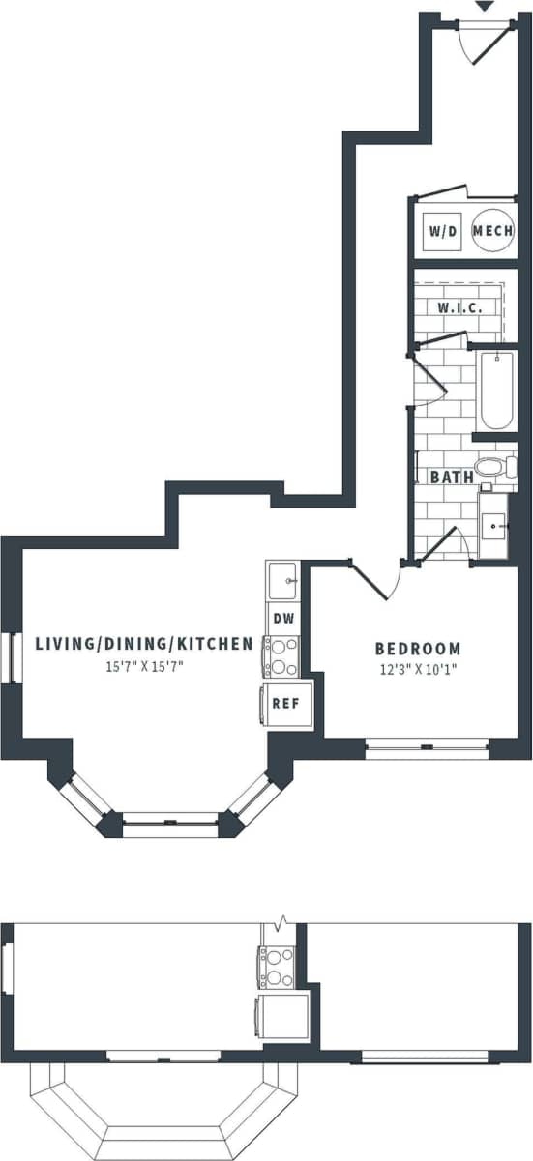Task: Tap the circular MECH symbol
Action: [x=492, y=232]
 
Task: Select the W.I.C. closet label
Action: [x=459, y=307]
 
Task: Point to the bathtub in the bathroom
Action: [x=496, y=392]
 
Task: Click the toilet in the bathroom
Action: [x=496, y=467]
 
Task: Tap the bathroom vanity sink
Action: [x=494, y=528]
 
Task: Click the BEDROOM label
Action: [x=418, y=649]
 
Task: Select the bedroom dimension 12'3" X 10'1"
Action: [x=418, y=668]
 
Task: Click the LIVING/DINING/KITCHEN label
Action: [x=144, y=643]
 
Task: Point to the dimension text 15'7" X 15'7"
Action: [x=145, y=666]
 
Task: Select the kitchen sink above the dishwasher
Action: [x=283, y=582]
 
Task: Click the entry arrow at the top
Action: [x=485, y=6]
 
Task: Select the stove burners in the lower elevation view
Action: [x=277, y=968]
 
